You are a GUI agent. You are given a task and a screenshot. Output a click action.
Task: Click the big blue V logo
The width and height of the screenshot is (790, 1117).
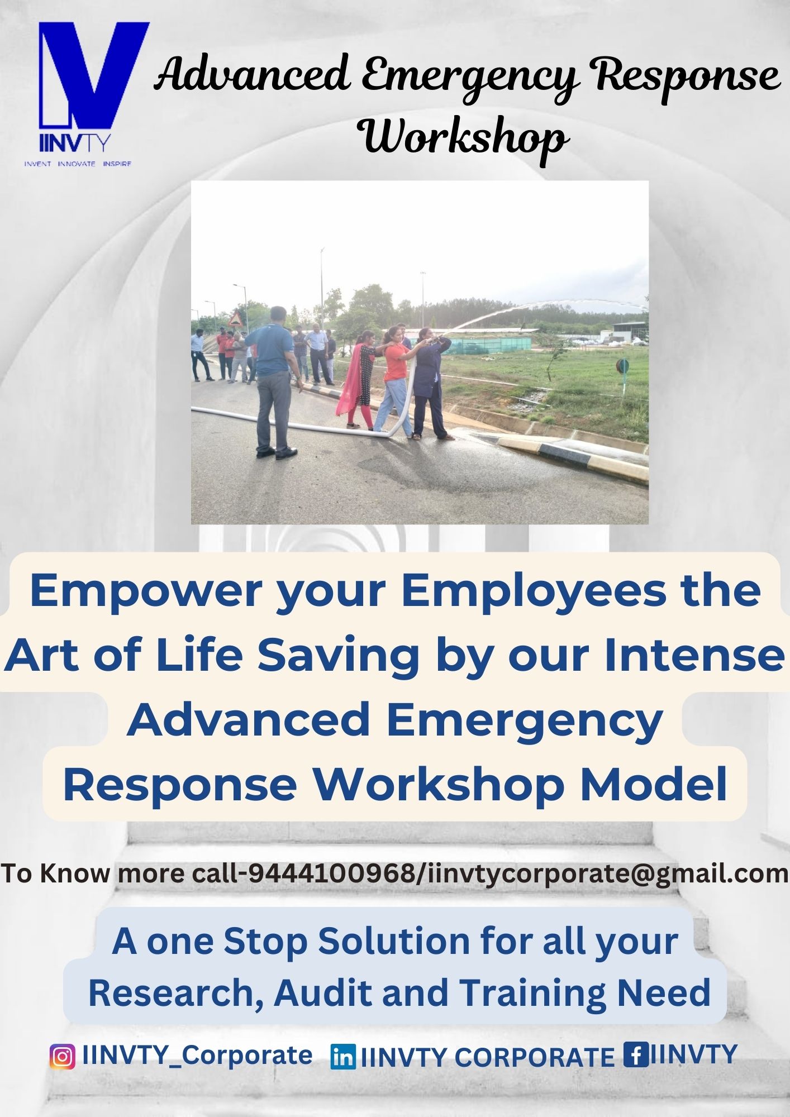[x=92, y=75]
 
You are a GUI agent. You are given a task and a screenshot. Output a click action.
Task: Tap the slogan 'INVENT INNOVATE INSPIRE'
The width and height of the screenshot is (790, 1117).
[x=78, y=164]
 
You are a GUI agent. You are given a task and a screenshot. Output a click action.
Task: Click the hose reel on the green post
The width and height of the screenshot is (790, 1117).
[x=622, y=366]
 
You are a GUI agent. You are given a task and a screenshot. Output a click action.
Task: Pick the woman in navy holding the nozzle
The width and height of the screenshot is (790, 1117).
[x=430, y=383]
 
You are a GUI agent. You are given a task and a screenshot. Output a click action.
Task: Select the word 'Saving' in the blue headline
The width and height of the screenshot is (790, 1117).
[x=338, y=656]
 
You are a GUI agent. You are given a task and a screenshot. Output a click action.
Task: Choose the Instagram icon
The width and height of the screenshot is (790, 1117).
[x=63, y=1057]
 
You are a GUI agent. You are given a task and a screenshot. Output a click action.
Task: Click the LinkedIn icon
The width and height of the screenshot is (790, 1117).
[x=343, y=1057]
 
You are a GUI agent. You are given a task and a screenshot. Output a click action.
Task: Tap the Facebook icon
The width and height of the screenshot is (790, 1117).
[x=636, y=1054]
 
